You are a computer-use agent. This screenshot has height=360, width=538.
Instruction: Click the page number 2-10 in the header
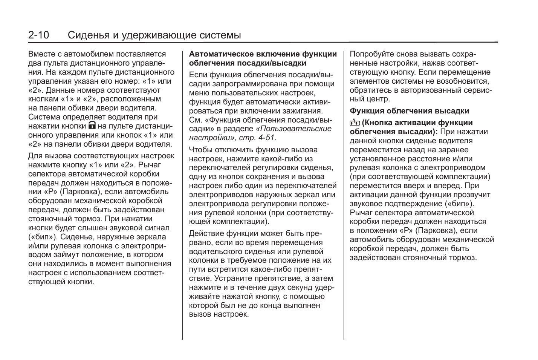tap(39, 35)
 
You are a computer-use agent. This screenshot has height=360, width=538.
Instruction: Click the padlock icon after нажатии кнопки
tap(92, 126)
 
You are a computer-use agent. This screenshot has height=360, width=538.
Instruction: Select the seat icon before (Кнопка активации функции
tap(355, 123)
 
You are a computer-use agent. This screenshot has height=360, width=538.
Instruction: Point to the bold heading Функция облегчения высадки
tap(409, 111)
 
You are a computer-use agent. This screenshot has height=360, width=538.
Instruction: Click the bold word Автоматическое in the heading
tap(220, 54)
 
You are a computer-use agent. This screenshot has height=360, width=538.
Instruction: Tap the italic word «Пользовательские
tap(293, 129)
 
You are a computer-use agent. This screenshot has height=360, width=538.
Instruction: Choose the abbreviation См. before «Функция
tap(195, 120)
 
